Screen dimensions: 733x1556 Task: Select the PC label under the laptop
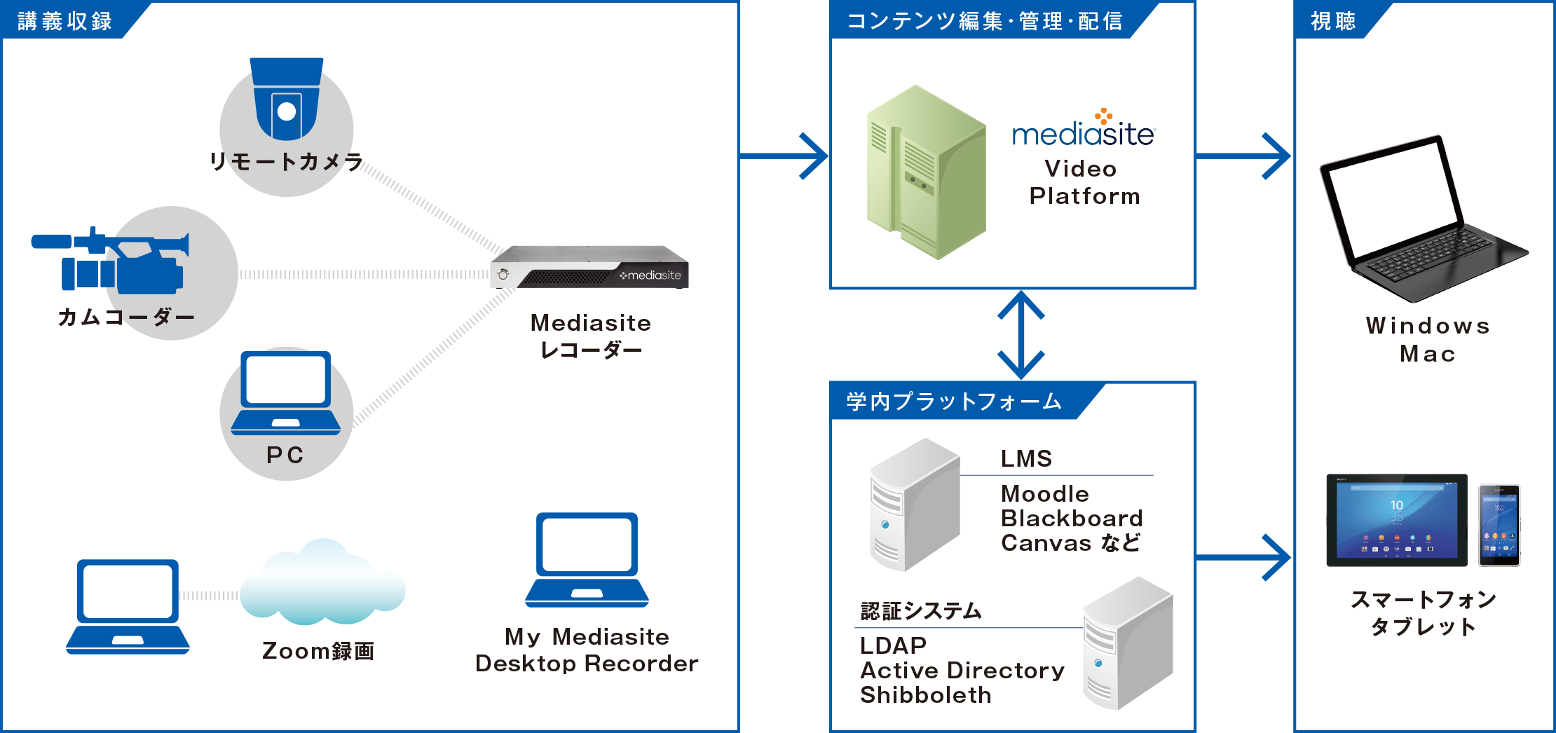[x=285, y=455]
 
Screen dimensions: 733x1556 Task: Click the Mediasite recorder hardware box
[x=589, y=268]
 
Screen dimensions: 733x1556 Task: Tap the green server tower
[x=925, y=172]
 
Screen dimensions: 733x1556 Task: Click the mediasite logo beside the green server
[x=1084, y=129]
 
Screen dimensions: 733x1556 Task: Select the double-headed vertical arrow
[x=1021, y=335]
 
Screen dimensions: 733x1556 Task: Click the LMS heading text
[x=1027, y=459]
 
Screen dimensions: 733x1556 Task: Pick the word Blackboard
[x=1072, y=519]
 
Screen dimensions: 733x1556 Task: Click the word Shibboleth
[x=926, y=695]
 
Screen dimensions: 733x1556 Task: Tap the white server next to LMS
[x=914, y=505]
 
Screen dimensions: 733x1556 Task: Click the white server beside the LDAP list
[x=1127, y=643]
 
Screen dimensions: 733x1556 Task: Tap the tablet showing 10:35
[x=1396, y=520]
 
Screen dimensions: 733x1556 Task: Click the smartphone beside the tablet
[x=1499, y=525]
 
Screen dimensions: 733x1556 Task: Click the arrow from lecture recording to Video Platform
[x=785, y=156]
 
